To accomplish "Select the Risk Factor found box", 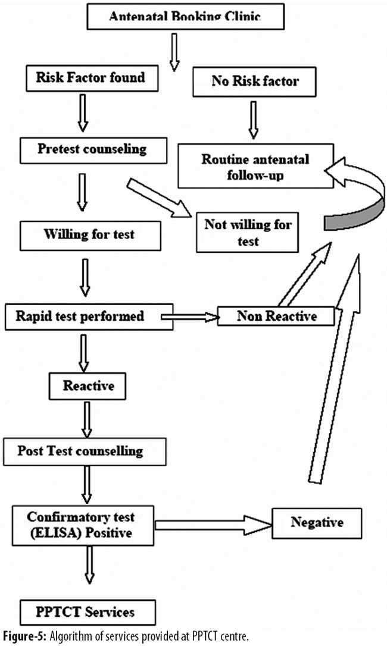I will click(84, 78).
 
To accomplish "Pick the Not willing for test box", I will click(248, 232).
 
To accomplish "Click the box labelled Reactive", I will click(88, 387).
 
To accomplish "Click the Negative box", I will click(317, 523).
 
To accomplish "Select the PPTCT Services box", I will click(88, 611).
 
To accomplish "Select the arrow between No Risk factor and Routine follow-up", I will click(254, 121).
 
